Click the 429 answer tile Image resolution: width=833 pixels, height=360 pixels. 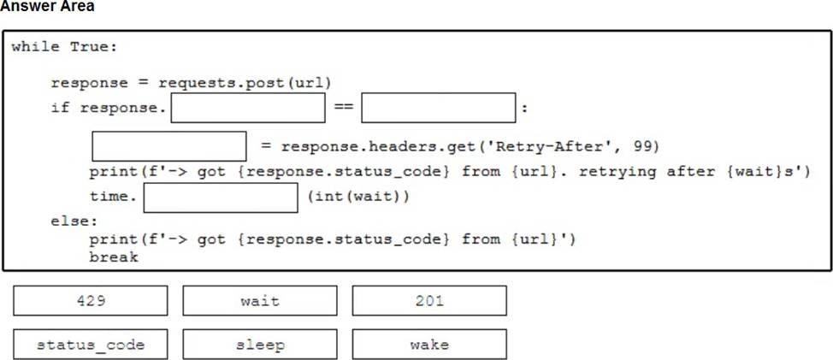(91, 301)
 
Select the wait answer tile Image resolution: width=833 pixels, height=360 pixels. (260, 301)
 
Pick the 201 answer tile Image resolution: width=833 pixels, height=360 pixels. (429, 301)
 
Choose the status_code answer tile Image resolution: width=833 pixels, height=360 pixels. (91, 345)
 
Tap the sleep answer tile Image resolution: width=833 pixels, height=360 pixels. (260, 345)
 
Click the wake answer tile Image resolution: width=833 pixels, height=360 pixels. (429, 345)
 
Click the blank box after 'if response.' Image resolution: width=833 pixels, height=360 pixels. (248, 108)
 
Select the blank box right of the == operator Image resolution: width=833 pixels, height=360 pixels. (438, 108)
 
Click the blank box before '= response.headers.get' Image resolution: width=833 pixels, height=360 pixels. (169, 145)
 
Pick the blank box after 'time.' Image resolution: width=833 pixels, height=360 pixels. (221, 198)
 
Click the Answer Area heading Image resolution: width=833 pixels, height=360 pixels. (47, 7)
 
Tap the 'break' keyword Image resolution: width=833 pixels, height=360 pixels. (114, 257)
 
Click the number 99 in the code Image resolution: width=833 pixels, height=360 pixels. (631, 146)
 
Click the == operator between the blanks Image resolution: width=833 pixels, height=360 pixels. (343, 109)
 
